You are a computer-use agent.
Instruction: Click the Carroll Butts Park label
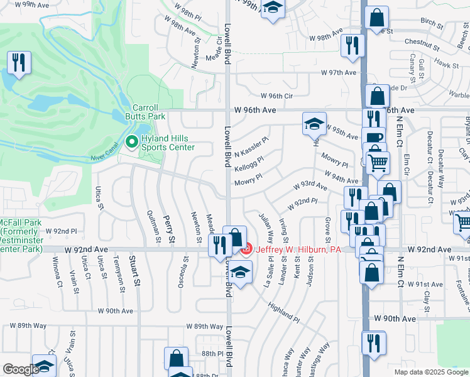[148, 112]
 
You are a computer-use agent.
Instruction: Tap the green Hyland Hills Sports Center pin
[132, 142]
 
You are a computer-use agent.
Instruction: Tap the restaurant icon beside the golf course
[19, 62]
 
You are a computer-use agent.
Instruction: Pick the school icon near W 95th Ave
[314, 123]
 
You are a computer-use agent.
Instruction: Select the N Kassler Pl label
[251, 149]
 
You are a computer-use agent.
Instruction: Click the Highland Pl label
[281, 293]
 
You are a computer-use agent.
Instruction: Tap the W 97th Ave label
[338, 73]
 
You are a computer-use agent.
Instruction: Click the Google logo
[21, 369]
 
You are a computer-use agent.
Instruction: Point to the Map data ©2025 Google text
[430, 372]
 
